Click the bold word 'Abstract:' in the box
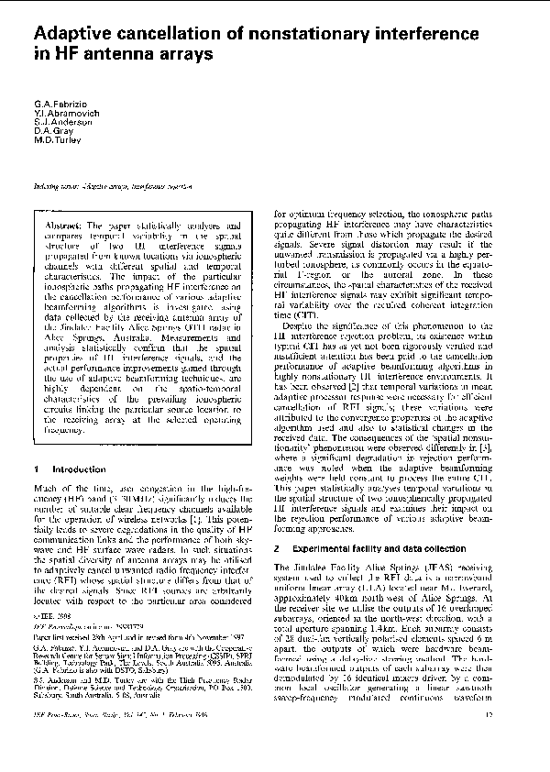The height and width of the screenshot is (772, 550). [x=63, y=226]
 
